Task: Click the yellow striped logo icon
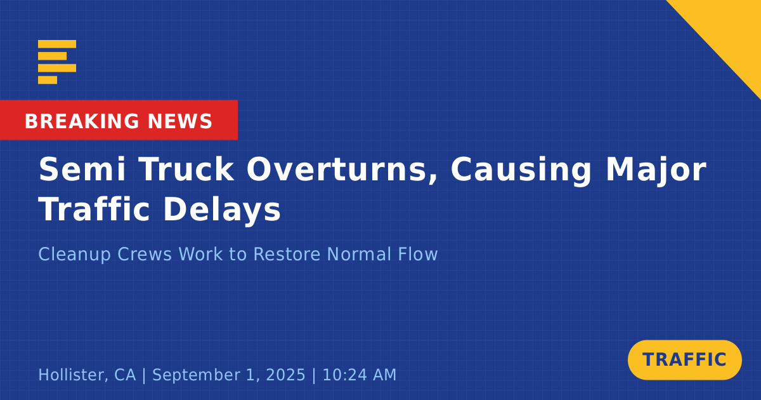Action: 57,62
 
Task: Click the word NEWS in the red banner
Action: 180,121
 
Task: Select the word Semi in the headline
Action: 82,170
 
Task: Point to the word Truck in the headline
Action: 186,170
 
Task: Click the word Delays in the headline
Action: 222,211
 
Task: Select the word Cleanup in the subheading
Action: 74,255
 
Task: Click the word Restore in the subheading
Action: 287,254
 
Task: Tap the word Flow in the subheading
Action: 418,254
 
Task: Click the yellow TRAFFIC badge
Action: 684,360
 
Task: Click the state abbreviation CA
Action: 125,375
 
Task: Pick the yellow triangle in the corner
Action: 731,30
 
